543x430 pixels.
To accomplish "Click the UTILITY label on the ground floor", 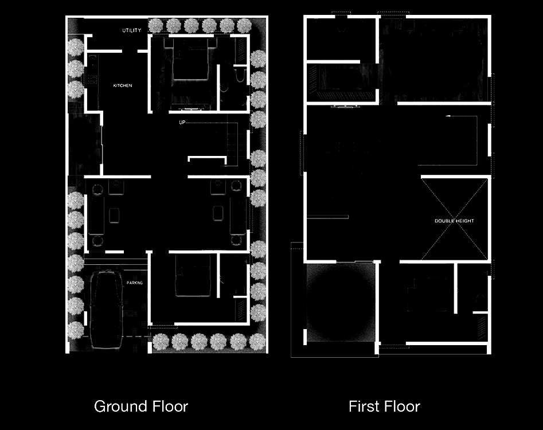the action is (x=132, y=30).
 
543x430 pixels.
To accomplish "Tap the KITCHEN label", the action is (x=123, y=85).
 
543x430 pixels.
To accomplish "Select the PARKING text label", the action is (x=134, y=283).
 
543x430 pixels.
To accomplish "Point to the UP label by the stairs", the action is (x=182, y=122).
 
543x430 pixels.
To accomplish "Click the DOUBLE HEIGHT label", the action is (x=454, y=221).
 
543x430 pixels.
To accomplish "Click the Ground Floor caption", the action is (x=141, y=406).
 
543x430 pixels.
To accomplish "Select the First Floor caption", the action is (x=384, y=406).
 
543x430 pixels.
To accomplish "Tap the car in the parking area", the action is (x=107, y=309).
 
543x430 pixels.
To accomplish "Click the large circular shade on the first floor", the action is (x=341, y=302).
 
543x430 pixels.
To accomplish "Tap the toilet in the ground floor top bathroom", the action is (x=240, y=75).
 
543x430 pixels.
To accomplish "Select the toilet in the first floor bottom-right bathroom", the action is (x=481, y=302).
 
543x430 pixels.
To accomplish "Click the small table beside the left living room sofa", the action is (x=114, y=216).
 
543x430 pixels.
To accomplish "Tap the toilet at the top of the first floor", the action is (x=341, y=26).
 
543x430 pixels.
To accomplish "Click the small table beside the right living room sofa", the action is (x=218, y=213).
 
